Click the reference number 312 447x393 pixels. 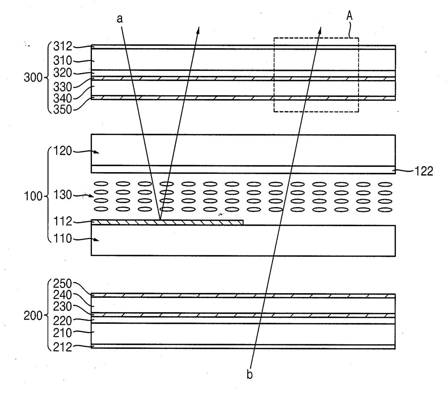click(63, 46)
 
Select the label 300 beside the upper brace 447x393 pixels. click(33, 77)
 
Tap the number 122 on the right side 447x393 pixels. click(424, 171)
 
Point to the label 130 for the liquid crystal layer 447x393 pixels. click(63, 196)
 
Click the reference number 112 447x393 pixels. click(63, 222)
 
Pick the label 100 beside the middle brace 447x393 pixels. click(33, 197)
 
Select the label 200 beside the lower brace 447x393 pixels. click(33, 316)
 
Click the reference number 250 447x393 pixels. click(63, 283)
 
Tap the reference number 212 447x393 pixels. click(63, 347)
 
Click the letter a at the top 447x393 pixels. click(120, 19)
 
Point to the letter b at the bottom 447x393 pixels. click(249, 375)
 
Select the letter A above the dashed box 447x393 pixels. click(349, 15)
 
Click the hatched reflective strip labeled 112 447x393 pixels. click(202, 223)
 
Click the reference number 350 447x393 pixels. click(63, 110)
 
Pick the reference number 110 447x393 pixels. click(63, 238)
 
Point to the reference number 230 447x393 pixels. click(63, 307)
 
